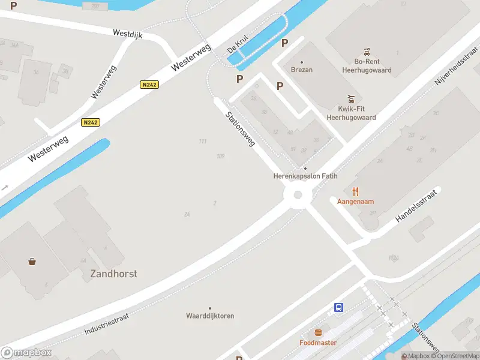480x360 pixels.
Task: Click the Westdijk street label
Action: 127,35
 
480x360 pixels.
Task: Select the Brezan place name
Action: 301,70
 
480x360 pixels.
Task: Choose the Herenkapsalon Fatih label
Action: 305,176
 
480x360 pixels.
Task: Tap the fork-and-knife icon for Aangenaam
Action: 355,191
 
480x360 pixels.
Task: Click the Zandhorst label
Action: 113,274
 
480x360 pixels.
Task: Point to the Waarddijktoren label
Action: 210,316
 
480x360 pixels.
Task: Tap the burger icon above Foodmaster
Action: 318,333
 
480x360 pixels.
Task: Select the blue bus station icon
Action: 339,307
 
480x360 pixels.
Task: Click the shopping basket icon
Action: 32,261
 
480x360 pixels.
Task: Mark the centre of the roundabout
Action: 298,194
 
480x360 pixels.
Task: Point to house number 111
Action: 202,141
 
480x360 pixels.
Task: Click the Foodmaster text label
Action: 318,343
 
